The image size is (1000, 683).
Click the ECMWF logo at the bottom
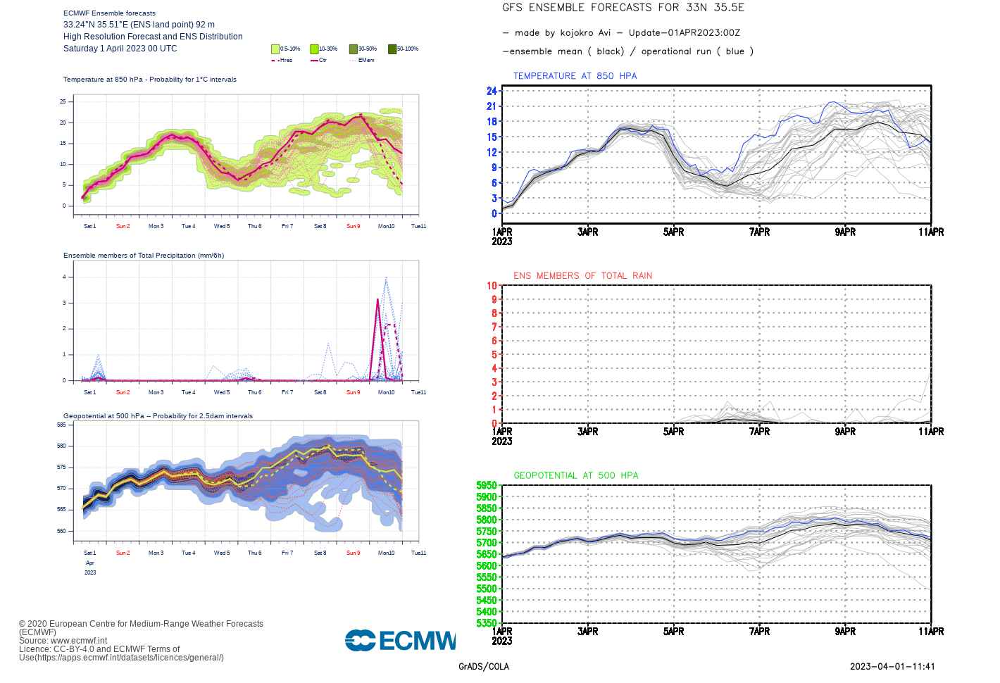[400, 640]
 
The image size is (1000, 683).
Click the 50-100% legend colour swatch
[392, 49]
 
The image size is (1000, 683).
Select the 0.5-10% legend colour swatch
[275, 49]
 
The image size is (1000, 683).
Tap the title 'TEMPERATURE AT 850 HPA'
[575, 76]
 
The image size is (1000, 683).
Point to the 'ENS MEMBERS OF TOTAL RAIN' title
[582, 276]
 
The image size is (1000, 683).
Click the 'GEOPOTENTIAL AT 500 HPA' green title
[575, 476]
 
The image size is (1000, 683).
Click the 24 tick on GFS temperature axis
[492, 91]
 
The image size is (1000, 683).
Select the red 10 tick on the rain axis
[492, 286]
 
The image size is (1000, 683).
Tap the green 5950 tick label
[487, 486]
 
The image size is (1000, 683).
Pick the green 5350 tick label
[487, 623]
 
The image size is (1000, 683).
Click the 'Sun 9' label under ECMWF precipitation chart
[353, 392]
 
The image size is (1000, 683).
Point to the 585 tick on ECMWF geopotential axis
[61, 425]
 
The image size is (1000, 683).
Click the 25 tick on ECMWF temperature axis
[63, 101]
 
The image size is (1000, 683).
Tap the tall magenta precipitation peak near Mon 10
[378, 301]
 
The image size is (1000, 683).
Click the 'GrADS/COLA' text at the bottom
[484, 667]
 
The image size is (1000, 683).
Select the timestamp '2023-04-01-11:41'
[892, 667]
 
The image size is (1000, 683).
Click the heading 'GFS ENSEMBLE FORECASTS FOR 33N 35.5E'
[623, 8]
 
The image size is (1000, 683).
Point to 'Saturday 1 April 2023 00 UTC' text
[120, 49]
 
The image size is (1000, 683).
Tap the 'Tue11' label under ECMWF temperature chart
[418, 226]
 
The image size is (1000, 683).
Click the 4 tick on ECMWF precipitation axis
[64, 277]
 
